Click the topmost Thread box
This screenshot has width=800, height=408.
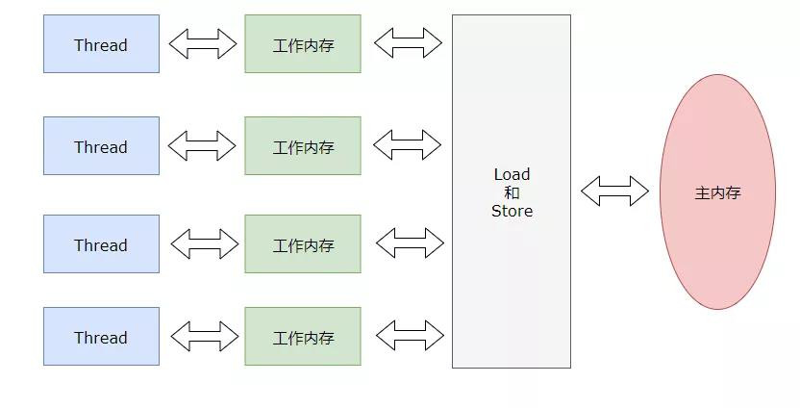point(101,44)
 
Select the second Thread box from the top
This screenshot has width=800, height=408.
point(101,146)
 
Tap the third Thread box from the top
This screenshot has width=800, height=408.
point(101,244)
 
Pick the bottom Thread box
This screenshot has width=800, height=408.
point(101,337)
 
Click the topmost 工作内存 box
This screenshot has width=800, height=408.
point(303,44)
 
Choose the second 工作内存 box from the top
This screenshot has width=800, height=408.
point(303,146)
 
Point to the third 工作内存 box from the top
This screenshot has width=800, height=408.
point(303,244)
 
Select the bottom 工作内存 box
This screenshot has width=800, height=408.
point(303,337)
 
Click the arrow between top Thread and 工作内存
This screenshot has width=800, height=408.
point(202,43)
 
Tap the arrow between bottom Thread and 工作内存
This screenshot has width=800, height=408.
point(204,336)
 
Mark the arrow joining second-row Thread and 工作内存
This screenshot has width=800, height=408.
point(202,145)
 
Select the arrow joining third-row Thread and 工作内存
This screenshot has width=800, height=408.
point(204,243)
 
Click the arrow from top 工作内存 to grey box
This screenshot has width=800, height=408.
point(408,42)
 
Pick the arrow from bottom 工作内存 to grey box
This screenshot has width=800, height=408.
point(410,335)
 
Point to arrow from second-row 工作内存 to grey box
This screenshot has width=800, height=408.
point(407,144)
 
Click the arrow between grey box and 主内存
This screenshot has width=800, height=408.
point(614,191)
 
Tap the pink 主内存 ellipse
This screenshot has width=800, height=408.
point(717,192)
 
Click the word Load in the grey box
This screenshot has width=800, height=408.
point(512,174)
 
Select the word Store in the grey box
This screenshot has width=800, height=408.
point(512,211)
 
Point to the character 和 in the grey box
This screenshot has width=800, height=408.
point(512,192)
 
